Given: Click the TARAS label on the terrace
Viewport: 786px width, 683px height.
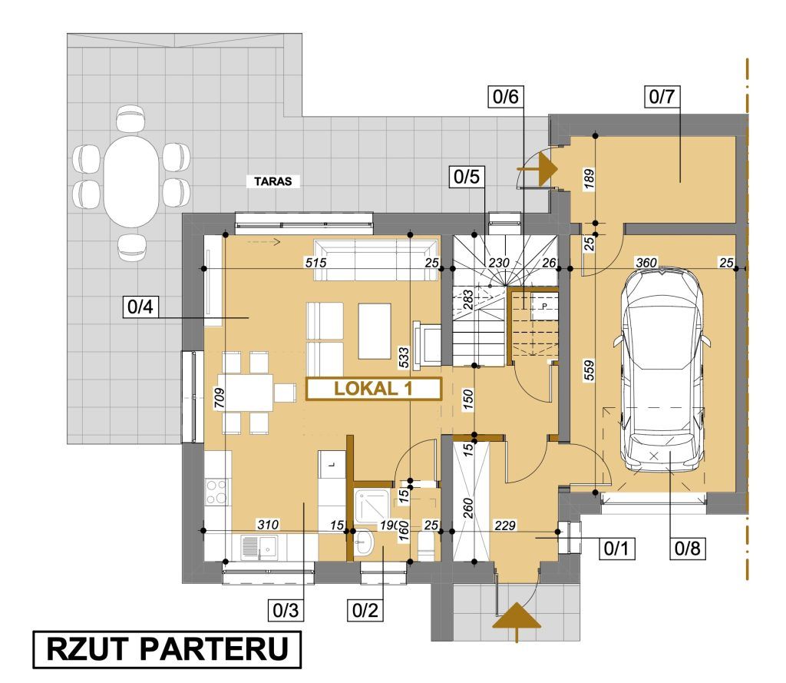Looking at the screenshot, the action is click(x=272, y=181).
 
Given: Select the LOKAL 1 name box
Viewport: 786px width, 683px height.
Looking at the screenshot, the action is click(x=374, y=389).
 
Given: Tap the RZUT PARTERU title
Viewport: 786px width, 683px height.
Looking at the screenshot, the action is click(x=167, y=649).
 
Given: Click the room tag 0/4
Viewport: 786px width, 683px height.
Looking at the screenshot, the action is click(x=140, y=307).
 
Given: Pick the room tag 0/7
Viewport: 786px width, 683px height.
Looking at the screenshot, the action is click(x=662, y=96).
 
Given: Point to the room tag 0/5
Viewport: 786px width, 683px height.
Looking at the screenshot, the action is click(x=466, y=177).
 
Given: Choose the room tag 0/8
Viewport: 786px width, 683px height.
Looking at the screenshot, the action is click(x=688, y=548).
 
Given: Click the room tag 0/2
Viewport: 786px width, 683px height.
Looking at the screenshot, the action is click(x=365, y=610).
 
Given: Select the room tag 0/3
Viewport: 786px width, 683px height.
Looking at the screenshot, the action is click(x=286, y=610).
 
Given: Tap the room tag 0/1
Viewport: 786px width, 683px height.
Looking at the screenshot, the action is click(x=616, y=548).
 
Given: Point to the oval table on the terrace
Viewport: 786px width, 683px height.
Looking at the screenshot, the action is click(x=131, y=181).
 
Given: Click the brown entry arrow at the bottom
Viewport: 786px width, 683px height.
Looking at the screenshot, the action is click(x=517, y=622).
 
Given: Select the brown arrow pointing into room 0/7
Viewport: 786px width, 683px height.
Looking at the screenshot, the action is click(x=537, y=170).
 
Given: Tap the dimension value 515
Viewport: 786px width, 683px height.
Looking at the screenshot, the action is click(x=316, y=262).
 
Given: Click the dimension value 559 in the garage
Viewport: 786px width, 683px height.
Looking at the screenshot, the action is click(x=589, y=370).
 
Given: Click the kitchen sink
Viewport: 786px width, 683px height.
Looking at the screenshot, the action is click(x=259, y=546).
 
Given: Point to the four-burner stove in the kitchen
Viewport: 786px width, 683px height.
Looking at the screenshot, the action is click(x=217, y=492).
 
